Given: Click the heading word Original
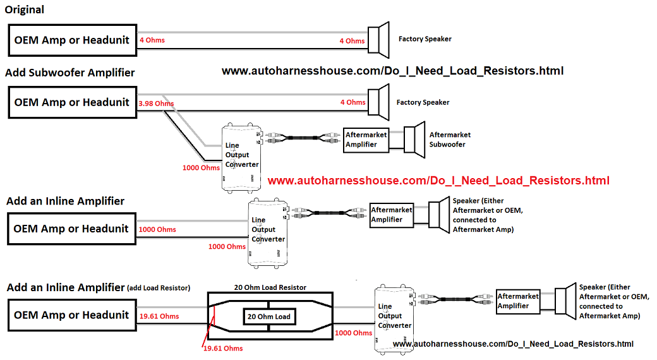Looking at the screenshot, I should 24,10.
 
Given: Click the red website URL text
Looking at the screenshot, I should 438,181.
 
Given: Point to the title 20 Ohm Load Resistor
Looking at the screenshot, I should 270,287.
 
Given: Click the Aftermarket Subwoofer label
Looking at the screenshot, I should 450,140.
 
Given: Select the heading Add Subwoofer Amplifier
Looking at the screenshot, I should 70,73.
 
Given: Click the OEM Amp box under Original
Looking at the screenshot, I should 71,40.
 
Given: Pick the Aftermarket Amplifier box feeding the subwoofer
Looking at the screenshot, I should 365,140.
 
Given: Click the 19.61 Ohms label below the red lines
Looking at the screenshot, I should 223,348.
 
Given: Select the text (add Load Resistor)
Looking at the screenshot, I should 159,288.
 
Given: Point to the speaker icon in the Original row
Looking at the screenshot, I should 380,40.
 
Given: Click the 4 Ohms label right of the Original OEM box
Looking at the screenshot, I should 152,40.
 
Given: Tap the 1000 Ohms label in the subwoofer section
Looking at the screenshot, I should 201,169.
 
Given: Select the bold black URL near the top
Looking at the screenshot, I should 392,71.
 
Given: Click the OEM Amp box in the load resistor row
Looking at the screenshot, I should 71,315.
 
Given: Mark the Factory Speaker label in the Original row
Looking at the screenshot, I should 425,39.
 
